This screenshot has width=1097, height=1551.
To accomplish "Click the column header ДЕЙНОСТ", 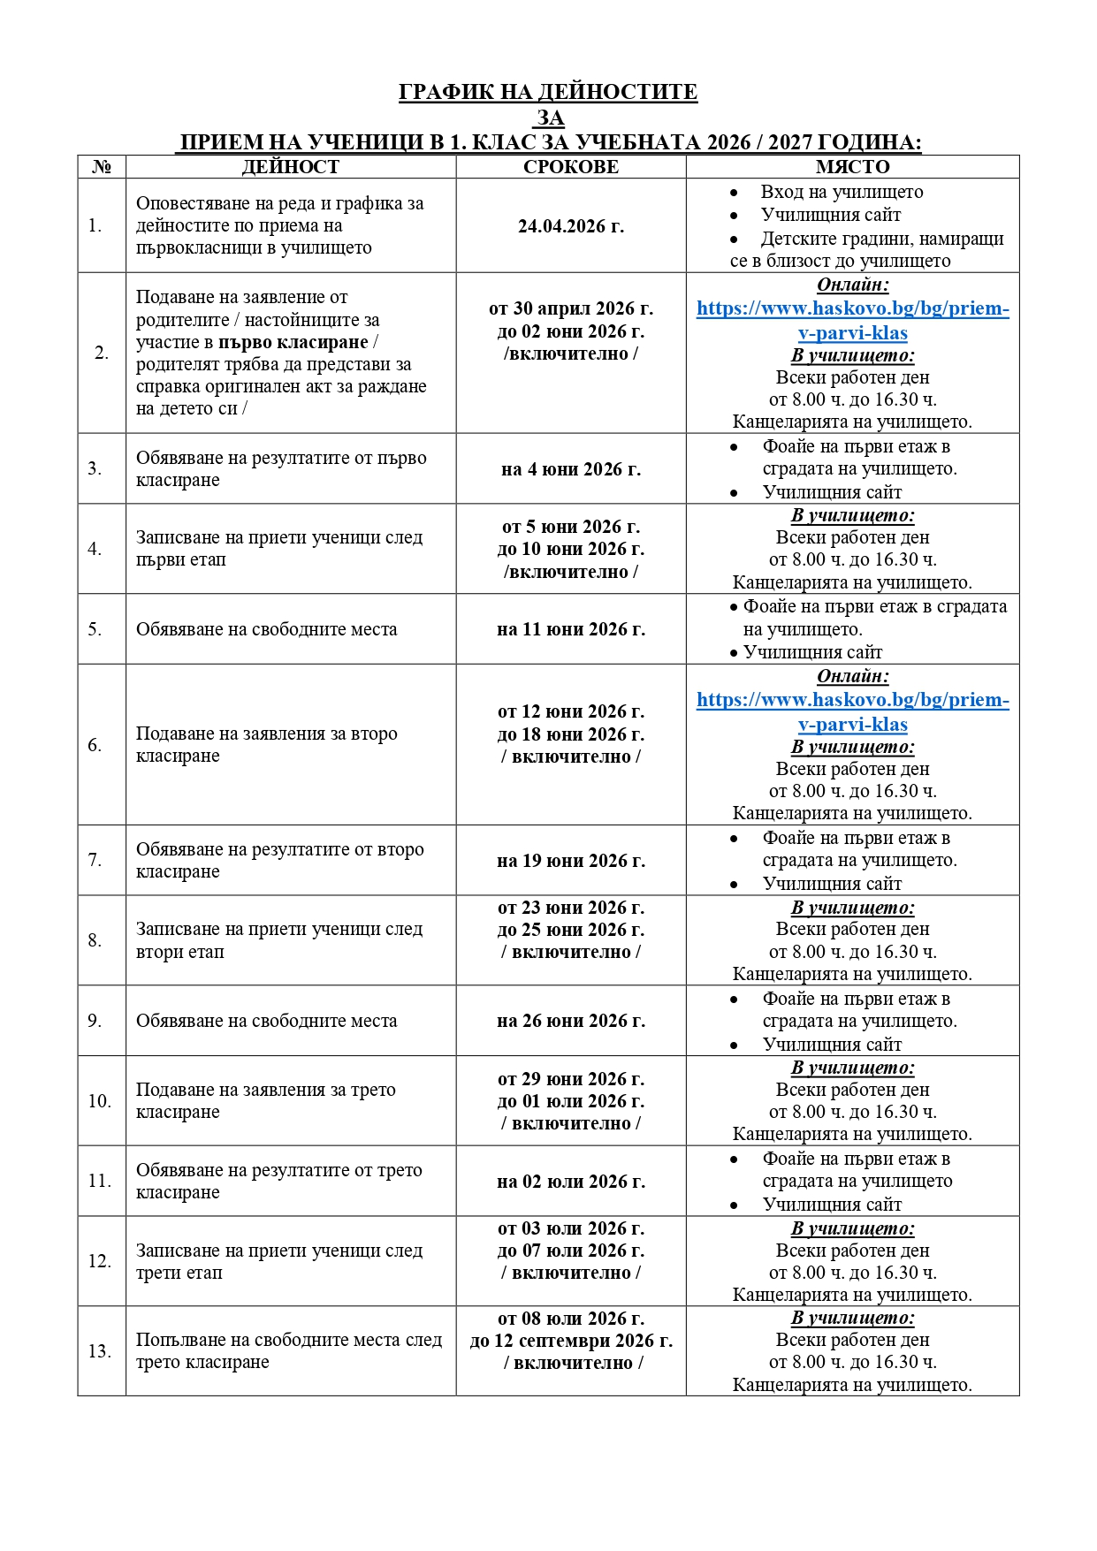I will [291, 167].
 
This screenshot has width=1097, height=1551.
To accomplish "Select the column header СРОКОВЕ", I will [571, 167].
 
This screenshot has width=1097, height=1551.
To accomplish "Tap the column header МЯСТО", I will [852, 167].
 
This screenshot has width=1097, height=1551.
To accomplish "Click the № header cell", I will [102, 167].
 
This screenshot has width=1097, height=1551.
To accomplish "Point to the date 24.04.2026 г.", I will [571, 226].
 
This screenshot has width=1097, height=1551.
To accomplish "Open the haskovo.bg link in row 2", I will [852, 320].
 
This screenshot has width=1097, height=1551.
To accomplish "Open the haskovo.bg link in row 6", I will [852, 711].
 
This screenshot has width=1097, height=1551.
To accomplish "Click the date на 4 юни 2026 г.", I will [571, 469].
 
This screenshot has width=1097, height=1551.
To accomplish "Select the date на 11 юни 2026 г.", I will [571, 629].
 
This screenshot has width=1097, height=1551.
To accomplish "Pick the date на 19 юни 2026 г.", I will [571, 861].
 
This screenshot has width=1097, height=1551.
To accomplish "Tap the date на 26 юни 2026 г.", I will [571, 1021].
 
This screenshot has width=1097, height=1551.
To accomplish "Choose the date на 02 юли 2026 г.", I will [571, 1182].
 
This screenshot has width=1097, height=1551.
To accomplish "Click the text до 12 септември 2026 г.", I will [571, 1341].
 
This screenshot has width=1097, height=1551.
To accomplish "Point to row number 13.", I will [99, 1351].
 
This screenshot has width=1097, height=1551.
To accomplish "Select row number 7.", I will [95, 860].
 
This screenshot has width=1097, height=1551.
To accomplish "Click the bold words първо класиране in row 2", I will [293, 342].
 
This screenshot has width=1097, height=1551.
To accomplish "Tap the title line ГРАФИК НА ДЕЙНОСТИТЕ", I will [548, 92].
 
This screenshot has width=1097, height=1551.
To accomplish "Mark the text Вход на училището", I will [842, 192].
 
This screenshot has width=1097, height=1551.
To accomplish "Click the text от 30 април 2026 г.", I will [571, 308].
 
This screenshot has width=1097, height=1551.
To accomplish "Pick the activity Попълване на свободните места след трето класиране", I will [288, 1351].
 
